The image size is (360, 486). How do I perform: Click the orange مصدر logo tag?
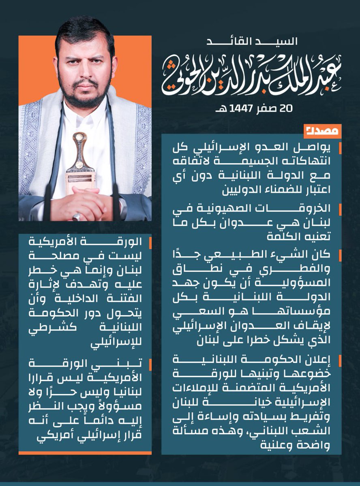[x=322, y=131]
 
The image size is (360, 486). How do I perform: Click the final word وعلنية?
[x=309, y=446]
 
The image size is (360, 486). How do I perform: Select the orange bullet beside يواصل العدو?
[x=340, y=148]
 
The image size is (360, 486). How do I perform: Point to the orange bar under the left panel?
[x=85, y=452]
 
